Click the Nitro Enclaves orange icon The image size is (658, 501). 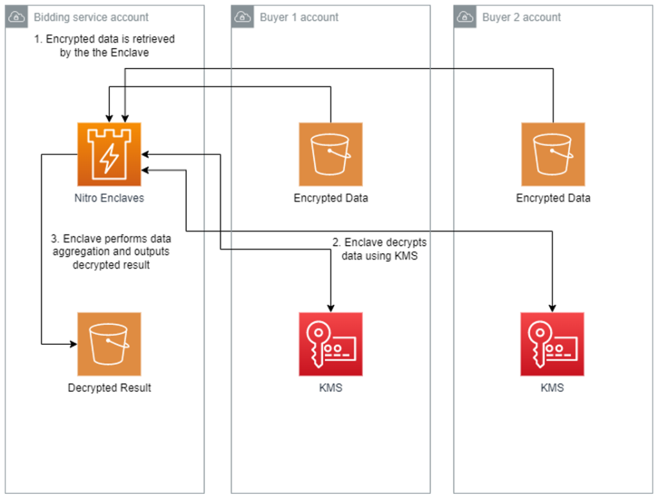(x=109, y=154)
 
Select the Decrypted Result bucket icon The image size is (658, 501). (x=109, y=344)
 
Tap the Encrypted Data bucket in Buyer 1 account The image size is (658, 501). (x=330, y=154)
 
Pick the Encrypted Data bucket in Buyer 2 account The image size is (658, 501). (x=553, y=154)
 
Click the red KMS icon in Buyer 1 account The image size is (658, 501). (x=330, y=344)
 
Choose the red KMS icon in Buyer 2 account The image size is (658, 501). (x=553, y=344)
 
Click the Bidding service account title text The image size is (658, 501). (x=91, y=17)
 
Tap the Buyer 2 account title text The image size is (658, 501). (x=521, y=17)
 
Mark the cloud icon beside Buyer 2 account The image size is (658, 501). (x=465, y=17)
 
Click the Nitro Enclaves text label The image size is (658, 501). (x=109, y=198)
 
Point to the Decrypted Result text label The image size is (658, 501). (x=109, y=388)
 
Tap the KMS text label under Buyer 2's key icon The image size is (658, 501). (x=553, y=388)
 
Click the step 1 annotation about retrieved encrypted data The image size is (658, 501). (x=104, y=46)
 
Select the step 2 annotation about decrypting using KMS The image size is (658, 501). (x=378, y=249)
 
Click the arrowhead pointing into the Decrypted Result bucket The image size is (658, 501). (x=73, y=344)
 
